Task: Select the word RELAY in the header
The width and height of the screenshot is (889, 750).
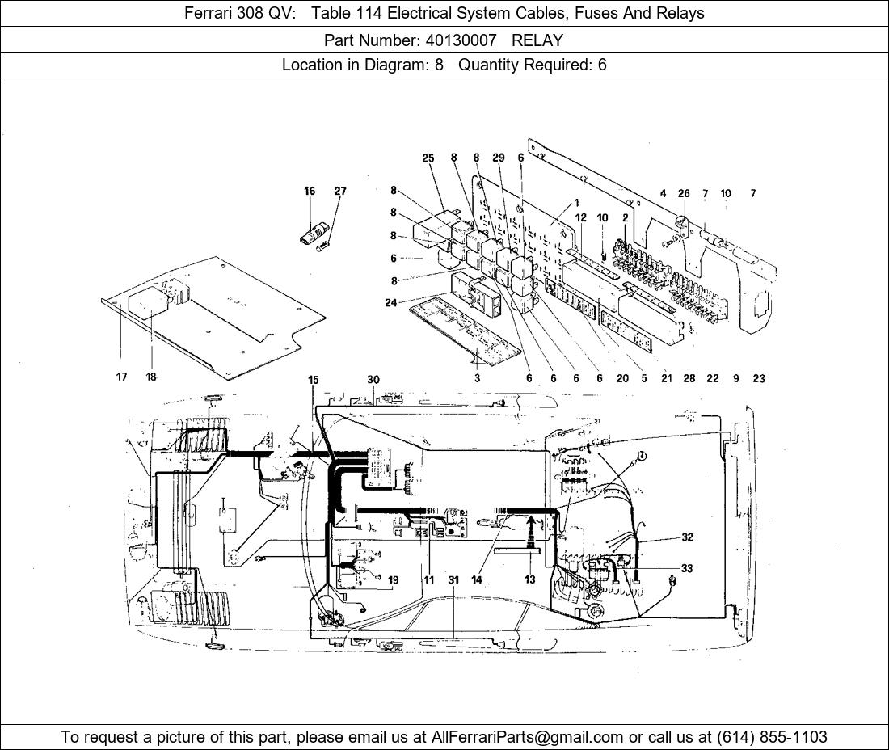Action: (x=537, y=40)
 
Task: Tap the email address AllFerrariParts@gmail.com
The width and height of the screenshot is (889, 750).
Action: (x=528, y=737)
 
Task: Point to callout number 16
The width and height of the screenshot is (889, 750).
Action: (x=310, y=192)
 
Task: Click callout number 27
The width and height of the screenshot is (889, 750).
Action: (x=340, y=192)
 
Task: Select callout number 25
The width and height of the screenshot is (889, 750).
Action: (x=428, y=158)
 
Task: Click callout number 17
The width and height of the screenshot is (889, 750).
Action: (x=121, y=377)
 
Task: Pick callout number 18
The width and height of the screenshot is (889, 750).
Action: (x=151, y=377)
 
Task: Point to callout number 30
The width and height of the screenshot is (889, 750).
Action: (x=373, y=380)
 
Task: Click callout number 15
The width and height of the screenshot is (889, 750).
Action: (x=314, y=380)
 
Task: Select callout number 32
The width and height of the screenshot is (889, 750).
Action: (x=687, y=537)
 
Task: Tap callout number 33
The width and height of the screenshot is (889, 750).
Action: (x=687, y=569)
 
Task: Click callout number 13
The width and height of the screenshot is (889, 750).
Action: (x=530, y=579)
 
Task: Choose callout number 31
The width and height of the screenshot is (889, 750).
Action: (x=454, y=579)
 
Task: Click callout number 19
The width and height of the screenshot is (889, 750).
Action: (x=394, y=579)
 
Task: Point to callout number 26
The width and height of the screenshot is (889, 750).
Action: (x=684, y=194)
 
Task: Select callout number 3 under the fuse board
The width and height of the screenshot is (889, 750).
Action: (x=477, y=377)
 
